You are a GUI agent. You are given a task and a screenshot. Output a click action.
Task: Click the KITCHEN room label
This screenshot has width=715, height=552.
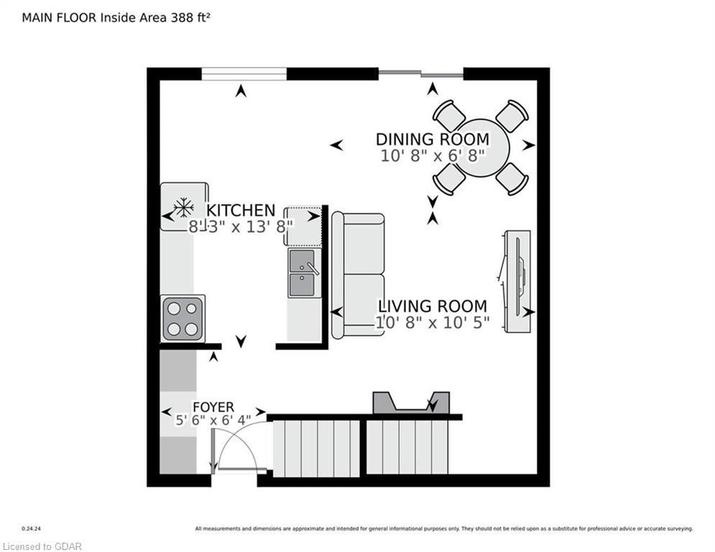tap(241, 211)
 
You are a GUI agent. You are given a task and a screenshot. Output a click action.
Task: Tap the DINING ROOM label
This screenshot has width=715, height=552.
tap(433, 139)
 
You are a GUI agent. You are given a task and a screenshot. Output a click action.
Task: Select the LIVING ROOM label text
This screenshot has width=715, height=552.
tap(433, 306)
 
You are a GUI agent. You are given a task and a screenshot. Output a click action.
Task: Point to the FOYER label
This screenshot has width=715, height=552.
tap(213, 407)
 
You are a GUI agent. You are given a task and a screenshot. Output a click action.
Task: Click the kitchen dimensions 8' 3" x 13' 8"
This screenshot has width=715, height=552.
tap(240, 226)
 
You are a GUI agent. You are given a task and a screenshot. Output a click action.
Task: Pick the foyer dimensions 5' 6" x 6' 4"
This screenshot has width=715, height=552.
tap(213, 420)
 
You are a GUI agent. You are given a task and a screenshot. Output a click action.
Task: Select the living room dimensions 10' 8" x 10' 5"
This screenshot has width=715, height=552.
tap(433, 323)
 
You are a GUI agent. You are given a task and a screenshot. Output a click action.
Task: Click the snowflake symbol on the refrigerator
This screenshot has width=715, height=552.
tap(184, 208)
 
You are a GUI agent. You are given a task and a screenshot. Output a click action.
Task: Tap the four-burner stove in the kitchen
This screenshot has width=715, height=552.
tap(183, 318)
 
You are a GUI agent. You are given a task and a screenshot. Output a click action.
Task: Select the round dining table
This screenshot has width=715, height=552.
tap(481, 148)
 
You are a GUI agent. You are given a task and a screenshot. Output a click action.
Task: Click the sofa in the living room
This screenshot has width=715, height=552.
tap(358, 275)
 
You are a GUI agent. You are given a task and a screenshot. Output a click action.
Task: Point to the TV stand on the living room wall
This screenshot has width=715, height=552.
tap(517, 282)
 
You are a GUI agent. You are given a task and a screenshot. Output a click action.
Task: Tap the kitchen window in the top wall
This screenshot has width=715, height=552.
tap(244, 74)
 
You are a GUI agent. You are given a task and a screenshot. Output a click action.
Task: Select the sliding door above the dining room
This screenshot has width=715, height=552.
tap(421, 73)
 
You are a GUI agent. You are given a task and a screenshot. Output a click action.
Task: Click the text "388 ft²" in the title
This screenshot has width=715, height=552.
tap(190, 17)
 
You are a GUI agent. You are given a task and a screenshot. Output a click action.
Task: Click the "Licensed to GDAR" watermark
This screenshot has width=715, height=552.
tap(42, 546)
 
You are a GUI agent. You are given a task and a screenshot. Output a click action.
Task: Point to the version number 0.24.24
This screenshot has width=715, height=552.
tap(32, 529)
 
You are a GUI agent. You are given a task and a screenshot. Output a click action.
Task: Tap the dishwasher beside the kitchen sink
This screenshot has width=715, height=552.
tap(303, 226)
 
